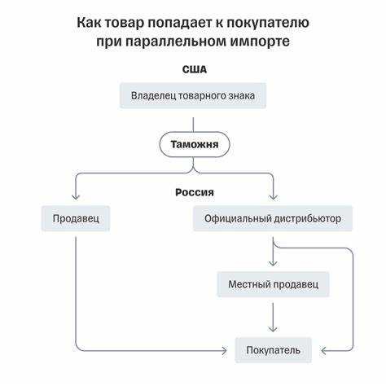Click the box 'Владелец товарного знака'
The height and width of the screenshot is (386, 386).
(x=193, y=96)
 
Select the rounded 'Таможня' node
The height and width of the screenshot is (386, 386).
(x=194, y=144)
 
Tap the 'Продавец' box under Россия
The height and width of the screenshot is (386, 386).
(x=76, y=218)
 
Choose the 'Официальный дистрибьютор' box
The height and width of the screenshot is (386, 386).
(x=273, y=218)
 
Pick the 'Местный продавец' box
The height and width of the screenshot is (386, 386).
(x=273, y=285)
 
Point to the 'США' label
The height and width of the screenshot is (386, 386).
(x=194, y=69)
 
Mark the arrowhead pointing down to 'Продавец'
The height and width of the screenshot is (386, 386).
(x=76, y=197)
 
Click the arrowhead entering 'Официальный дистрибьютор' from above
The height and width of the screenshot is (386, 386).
(x=273, y=197)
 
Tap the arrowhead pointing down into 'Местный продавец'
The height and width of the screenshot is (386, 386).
(x=273, y=265)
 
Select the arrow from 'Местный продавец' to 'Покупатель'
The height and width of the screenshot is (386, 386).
(x=273, y=316)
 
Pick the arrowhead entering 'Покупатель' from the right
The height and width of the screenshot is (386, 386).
(x=323, y=351)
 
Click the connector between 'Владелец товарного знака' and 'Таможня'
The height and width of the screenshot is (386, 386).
(x=194, y=121)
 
